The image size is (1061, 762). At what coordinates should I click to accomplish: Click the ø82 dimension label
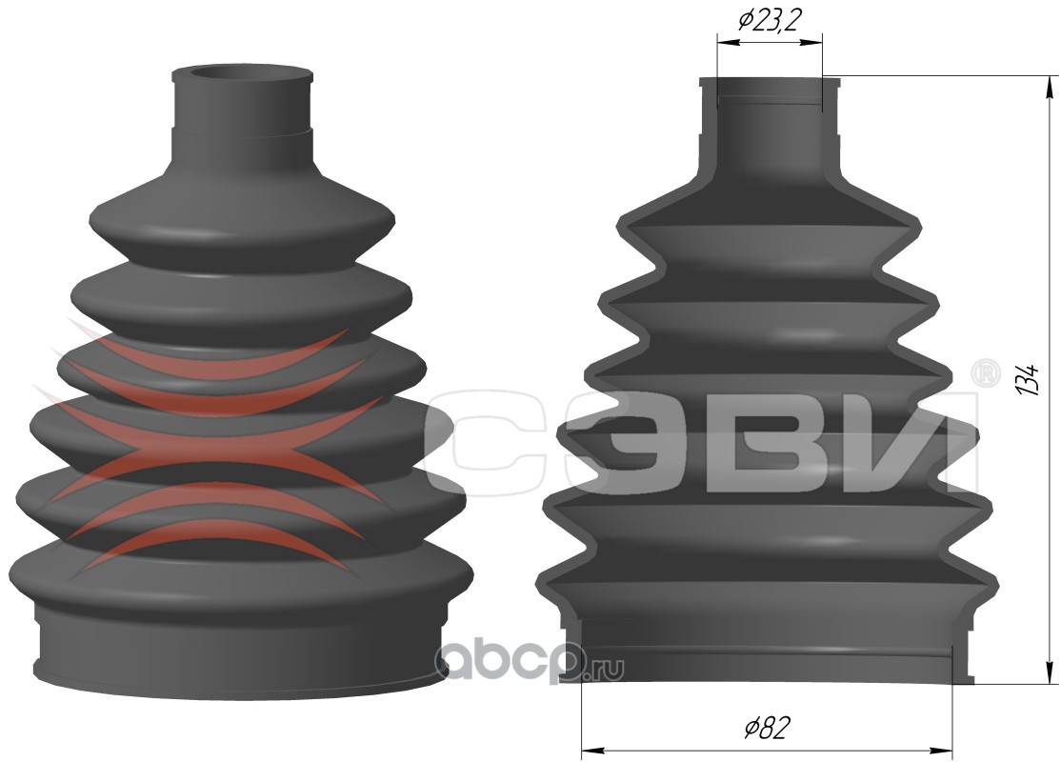(x=768, y=727)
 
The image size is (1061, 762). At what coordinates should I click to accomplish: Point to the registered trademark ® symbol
(x=986, y=373)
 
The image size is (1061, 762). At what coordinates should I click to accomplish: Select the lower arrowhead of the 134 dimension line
(x=1050, y=669)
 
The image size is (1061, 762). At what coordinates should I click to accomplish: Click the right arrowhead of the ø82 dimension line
(x=941, y=750)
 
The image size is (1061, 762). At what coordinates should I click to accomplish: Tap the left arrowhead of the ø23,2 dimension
(x=728, y=42)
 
